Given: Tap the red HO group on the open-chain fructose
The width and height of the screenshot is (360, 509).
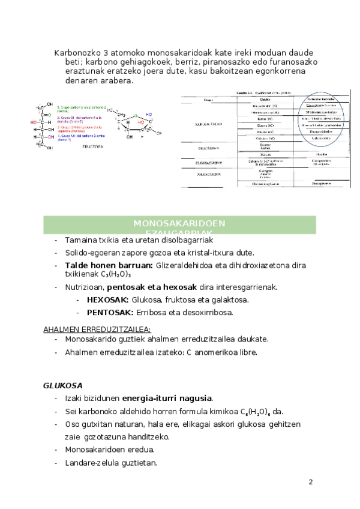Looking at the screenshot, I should (x=34, y=121).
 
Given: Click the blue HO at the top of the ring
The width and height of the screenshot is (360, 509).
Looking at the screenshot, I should (x=148, y=114).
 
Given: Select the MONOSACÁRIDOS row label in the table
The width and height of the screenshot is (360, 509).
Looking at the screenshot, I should (x=209, y=124).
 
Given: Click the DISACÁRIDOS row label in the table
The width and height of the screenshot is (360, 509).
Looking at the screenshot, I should (x=209, y=147).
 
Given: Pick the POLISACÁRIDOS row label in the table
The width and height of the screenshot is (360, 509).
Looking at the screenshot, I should (x=209, y=173).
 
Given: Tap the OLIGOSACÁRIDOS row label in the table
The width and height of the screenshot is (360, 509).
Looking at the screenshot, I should (x=209, y=162).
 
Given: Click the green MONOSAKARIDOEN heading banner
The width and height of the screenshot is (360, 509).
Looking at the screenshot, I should (x=179, y=226).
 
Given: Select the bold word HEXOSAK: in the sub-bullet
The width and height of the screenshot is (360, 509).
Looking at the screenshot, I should (x=107, y=299).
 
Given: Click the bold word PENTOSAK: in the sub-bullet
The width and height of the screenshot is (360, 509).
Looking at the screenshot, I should (x=110, y=312).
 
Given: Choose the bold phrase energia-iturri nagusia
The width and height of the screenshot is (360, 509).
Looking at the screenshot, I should (x=167, y=398).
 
